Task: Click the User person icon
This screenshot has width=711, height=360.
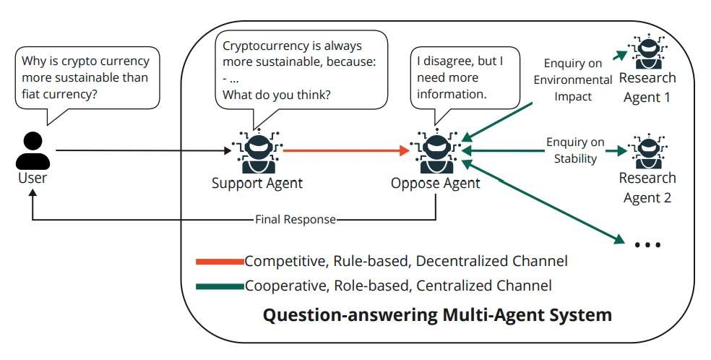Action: [x=33, y=150]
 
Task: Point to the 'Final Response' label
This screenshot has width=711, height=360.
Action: [x=296, y=219]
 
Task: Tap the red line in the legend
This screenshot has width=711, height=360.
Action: [x=219, y=261]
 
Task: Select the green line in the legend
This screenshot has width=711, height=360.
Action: [x=219, y=286]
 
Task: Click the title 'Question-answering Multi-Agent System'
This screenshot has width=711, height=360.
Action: [x=436, y=315]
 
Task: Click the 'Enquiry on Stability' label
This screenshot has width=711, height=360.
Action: [x=575, y=150]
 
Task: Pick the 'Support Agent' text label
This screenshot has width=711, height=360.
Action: [x=257, y=183]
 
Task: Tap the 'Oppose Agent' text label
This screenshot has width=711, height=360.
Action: [x=435, y=183]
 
